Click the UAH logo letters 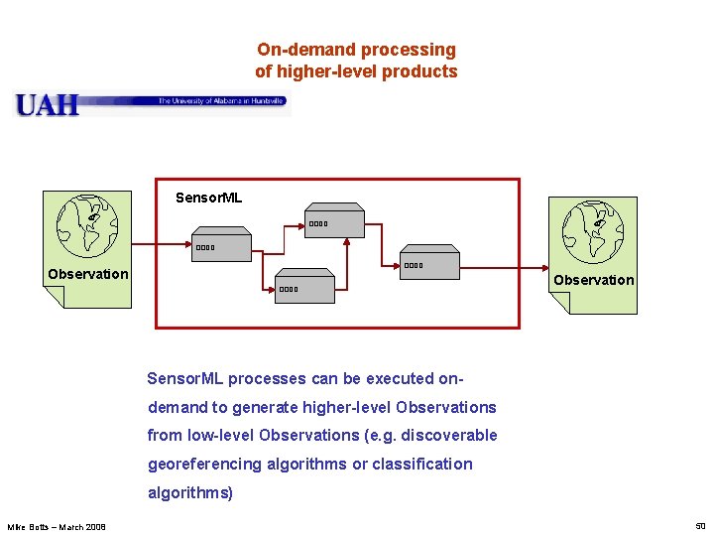pyautogui.click(x=47, y=104)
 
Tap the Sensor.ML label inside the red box pyautogui.click(x=208, y=198)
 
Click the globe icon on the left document pyautogui.click(x=87, y=224)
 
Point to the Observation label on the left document pyautogui.click(x=88, y=274)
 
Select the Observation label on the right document pyautogui.click(x=593, y=280)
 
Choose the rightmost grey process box pyautogui.click(x=430, y=265)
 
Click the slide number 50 pyautogui.click(x=699, y=525)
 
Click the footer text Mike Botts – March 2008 pyautogui.click(x=57, y=526)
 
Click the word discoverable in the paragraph pyautogui.click(x=450, y=435)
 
